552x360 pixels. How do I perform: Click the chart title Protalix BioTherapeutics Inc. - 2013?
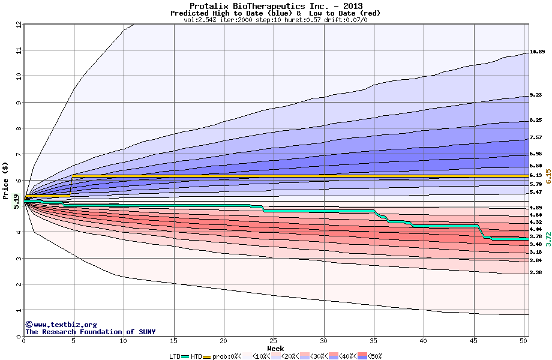click(x=275, y=6)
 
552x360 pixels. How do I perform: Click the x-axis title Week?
click(x=275, y=348)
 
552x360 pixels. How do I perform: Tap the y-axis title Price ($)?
click(x=7, y=175)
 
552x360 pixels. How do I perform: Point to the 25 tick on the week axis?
click(x=274, y=341)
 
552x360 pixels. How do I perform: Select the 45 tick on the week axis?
click(x=473, y=341)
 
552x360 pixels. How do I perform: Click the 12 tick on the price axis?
click(x=19, y=25)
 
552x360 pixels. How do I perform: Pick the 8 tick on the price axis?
click(x=19, y=128)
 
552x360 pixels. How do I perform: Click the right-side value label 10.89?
click(x=537, y=52)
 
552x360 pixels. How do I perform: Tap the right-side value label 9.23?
click(x=536, y=95)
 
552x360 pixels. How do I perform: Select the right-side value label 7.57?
click(x=536, y=137)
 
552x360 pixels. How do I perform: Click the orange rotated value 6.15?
click(x=548, y=175)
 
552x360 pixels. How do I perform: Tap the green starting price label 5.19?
click(x=16, y=202)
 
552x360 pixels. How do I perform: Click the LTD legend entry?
click(x=176, y=356)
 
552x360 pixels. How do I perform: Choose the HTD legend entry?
click(x=196, y=356)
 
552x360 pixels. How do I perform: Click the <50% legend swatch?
click(x=371, y=356)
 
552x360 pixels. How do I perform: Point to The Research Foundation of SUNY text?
click(x=88, y=332)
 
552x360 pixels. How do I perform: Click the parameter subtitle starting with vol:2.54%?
click(x=275, y=20)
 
